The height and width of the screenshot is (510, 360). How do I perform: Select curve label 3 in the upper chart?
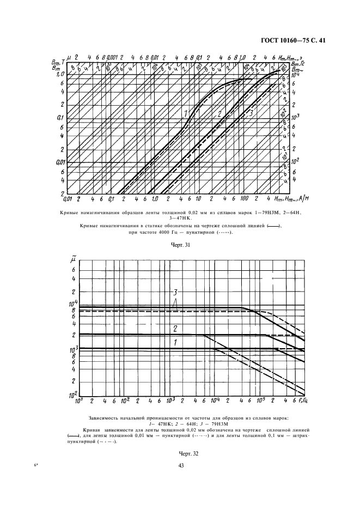tap(251, 114)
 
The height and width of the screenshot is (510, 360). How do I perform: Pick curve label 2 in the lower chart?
tap(175, 329)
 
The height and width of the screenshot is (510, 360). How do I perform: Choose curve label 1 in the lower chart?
tap(175, 342)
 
